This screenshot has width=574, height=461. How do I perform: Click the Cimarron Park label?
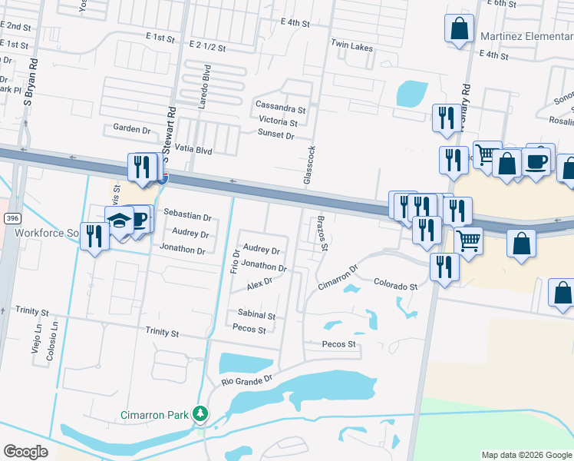coord(154,415)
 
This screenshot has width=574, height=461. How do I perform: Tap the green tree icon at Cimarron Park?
coord(200,414)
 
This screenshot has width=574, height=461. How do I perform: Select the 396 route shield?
coord(11,219)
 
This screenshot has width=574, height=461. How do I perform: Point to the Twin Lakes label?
coord(351,45)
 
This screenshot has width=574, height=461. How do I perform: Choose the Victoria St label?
coord(278,121)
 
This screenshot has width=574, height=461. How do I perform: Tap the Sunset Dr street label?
coord(275,134)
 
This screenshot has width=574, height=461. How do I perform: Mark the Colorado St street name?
coord(395,286)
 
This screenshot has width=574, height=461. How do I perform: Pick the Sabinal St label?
coord(256,315)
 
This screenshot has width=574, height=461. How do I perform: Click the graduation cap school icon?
coord(119,221)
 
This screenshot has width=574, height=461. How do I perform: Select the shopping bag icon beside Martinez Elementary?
coord(459,29)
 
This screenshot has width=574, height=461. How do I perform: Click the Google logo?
coord(26,452)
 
